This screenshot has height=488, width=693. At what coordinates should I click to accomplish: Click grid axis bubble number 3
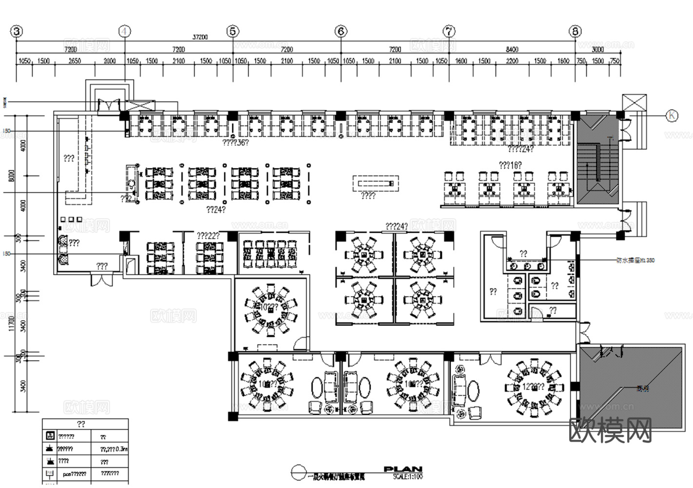point(17,32)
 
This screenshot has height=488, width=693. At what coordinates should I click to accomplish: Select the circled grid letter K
point(672,116)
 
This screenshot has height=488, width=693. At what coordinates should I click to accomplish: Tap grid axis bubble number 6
point(341,32)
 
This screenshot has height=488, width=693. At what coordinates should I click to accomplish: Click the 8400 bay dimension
point(512,49)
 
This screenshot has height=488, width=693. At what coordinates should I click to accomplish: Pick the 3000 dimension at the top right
point(598,49)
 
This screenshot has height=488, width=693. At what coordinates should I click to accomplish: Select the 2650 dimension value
point(75,61)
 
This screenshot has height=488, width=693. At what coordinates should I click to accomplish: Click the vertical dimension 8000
point(12,176)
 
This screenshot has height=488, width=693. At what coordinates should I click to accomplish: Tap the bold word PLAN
point(403,469)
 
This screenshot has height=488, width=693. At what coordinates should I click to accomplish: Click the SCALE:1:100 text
point(408,477)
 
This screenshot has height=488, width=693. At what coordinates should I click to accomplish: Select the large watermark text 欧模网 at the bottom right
point(611,430)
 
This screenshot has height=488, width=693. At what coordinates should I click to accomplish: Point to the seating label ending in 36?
point(236,143)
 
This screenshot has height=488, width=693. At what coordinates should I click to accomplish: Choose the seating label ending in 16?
point(510,165)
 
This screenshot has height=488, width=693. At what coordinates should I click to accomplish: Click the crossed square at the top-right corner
point(634,103)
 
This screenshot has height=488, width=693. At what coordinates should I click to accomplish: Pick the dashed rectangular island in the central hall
point(376,183)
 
